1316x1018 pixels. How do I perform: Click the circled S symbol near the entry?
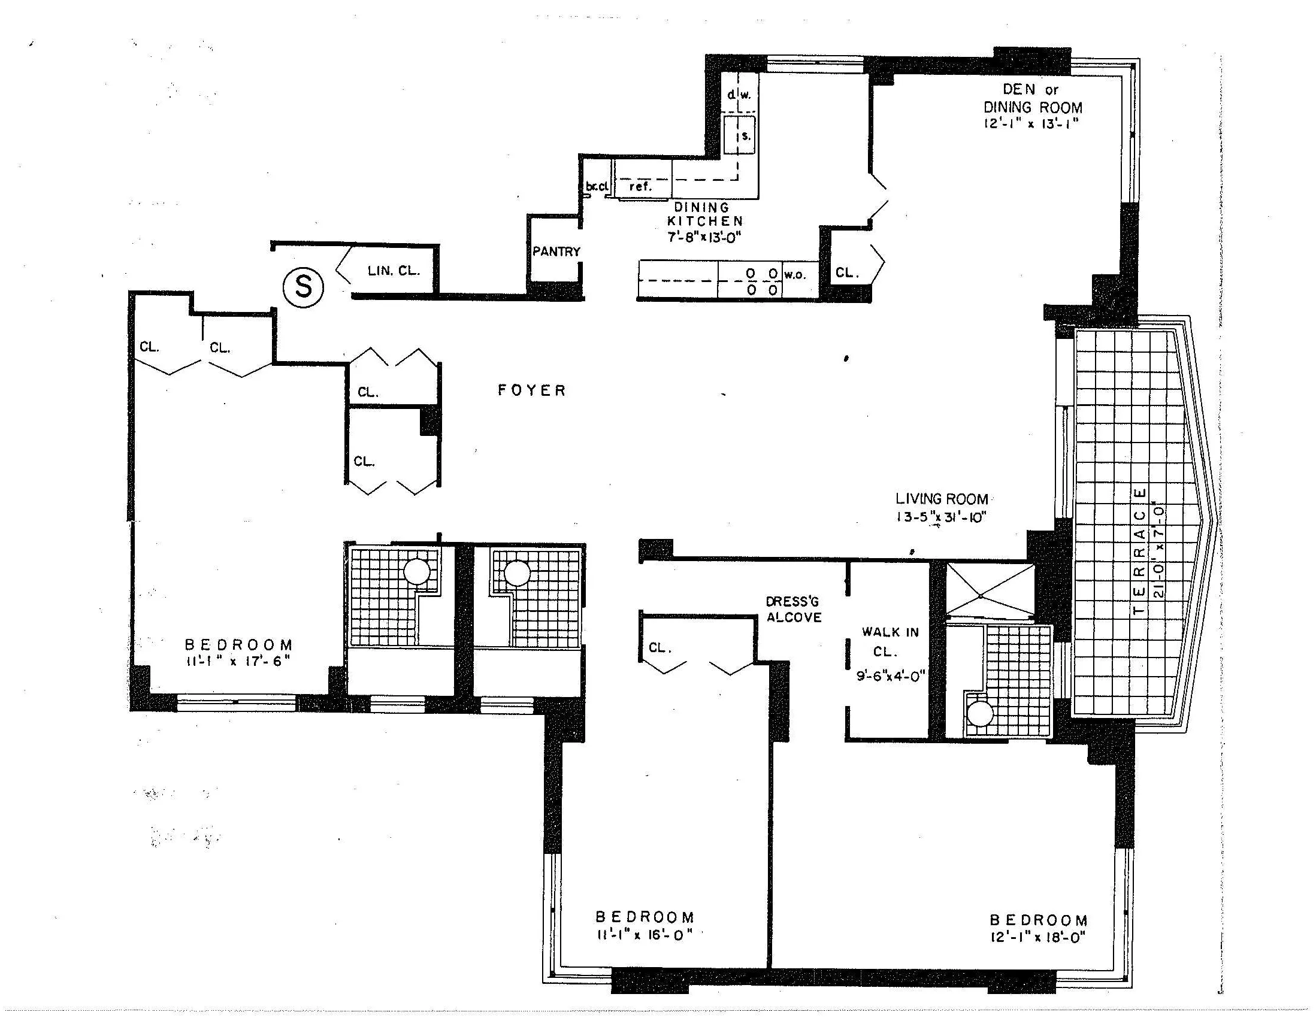coord(303,287)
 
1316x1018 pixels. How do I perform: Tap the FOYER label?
coord(532,390)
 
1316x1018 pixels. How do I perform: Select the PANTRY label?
coord(555,252)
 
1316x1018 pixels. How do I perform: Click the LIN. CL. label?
coord(394,271)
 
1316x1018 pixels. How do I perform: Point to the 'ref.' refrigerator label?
coord(640,187)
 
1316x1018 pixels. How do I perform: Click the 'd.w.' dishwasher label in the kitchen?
coord(739,95)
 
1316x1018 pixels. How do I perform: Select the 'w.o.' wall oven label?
coord(795,275)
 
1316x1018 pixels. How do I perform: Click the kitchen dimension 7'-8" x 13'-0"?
coord(704,237)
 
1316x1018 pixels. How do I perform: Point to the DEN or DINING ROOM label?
coord(1033,99)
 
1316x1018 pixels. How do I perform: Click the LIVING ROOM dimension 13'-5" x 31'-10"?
coord(940,517)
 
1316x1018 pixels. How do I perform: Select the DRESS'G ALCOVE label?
coord(794,609)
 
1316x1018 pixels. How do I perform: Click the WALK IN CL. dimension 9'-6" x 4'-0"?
coord(891,676)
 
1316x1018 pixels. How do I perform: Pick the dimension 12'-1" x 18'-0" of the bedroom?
coord(1037,937)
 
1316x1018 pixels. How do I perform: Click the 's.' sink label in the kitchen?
coord(745,136)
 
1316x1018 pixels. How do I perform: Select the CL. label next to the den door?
coord(846,273)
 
